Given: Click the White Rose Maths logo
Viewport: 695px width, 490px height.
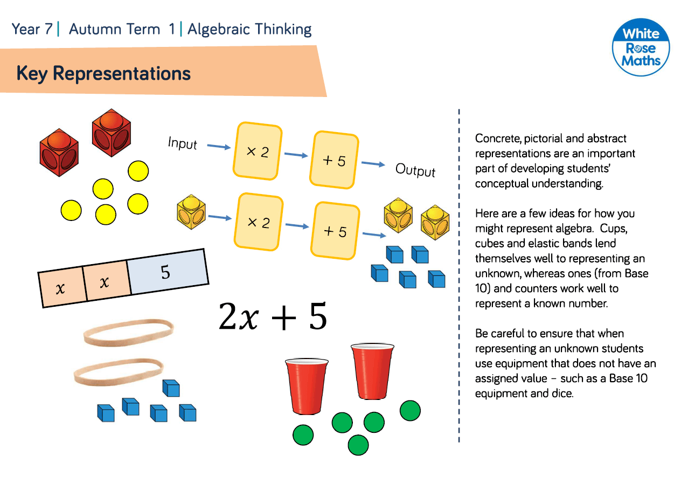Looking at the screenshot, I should pyautogui.click(x=641, y=48).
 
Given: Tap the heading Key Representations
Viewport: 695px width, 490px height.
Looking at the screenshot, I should pyautogui.click(x=103, y=73).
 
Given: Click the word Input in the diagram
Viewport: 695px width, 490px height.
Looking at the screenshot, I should pyautogui.click(x=183, y=143).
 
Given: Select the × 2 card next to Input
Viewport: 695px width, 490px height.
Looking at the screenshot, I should pyautogui.click(x=258, y=150).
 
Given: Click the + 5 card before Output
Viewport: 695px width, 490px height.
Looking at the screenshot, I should pyautogui.click(x=335, y=160).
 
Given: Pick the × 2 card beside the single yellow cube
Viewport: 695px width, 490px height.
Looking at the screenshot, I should pyautogui.click(x=259, y=222).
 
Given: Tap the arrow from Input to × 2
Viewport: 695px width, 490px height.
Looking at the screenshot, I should pyautogui.click(x=219, y=147).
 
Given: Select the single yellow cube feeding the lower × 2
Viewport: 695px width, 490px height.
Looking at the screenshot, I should pyautogui.click(x=191, y=212).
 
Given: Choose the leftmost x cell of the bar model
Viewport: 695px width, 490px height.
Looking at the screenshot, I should pyautogui.click(x=61, y=287).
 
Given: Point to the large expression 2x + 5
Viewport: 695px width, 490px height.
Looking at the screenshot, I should pyautogui.click(x=273, y=316).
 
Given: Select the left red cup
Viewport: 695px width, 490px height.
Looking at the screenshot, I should pyautogui.click(x=307, y=385).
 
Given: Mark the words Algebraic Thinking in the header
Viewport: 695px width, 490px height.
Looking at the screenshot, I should pyautogui.click(x=249, y=29).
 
